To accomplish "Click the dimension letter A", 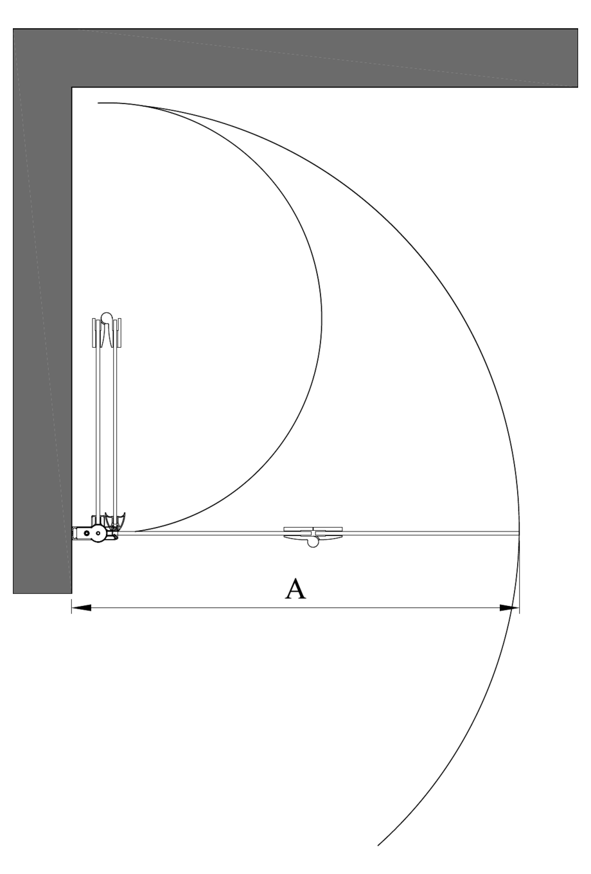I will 295,589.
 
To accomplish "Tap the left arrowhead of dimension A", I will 81,607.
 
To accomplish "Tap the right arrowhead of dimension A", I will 510,607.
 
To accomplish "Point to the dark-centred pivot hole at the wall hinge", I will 87,533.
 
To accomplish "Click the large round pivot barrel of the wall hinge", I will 98,533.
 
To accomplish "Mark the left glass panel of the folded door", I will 98,424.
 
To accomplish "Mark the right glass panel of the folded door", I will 116,424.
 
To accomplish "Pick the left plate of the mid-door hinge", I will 297,531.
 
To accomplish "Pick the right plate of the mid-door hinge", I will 328,531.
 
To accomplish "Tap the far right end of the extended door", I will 518,533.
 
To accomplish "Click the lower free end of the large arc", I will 378,844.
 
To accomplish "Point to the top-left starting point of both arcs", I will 99,103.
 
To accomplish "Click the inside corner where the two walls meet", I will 72,87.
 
